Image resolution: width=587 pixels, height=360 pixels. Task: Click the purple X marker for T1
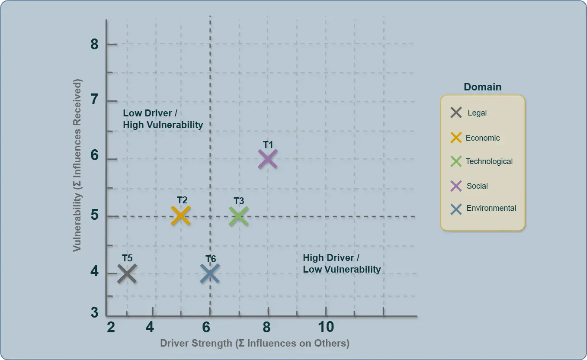(267, 159)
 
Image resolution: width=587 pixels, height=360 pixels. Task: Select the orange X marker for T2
(181, 216)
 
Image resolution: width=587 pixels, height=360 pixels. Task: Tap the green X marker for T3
(238, 216)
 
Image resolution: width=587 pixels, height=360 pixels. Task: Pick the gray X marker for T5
(127, 273)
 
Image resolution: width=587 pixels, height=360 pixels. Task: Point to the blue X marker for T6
(210, 273)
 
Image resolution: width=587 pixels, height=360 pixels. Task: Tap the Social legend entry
(470, 186)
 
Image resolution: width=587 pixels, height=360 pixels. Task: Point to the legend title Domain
(482, 87)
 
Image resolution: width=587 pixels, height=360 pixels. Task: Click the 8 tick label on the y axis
(95, 44)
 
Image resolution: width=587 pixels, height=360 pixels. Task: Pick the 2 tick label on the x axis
(111, 327)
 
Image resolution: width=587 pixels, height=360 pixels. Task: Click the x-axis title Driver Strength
(255, 344)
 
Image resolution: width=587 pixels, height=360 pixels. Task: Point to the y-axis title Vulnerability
(77, 165)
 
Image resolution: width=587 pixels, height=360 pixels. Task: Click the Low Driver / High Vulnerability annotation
(163, 119)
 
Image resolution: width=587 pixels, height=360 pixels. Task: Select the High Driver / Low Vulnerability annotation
(342, 264)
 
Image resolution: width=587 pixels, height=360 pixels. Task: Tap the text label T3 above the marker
(239, 201)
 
